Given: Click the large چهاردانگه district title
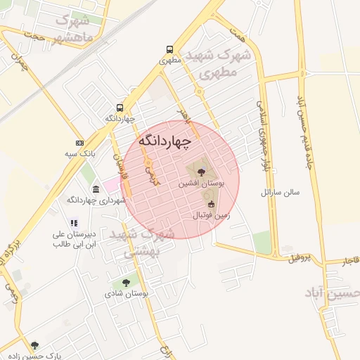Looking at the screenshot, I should click(x=165, y=141).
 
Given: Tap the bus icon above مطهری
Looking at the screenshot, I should click(x=170, y=49).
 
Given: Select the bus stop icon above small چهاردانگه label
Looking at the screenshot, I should click(x=120, y=108).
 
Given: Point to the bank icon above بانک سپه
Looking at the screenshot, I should click(x=79, y=143).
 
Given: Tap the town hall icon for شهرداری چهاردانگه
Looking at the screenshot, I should click(x=96, y=189).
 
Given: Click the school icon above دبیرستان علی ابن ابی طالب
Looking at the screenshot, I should click(x=74, y=224).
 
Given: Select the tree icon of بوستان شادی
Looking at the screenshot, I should click(x=126, y=282).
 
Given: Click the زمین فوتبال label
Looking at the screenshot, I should click(x=211, y=216).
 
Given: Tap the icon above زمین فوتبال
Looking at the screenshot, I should click(x=211, y=205).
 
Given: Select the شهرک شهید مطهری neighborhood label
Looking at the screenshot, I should click(x=215, y=63).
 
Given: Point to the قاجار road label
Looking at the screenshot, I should click(x=350, y=262).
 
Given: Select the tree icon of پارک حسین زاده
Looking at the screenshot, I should click(x=35, y=346).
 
